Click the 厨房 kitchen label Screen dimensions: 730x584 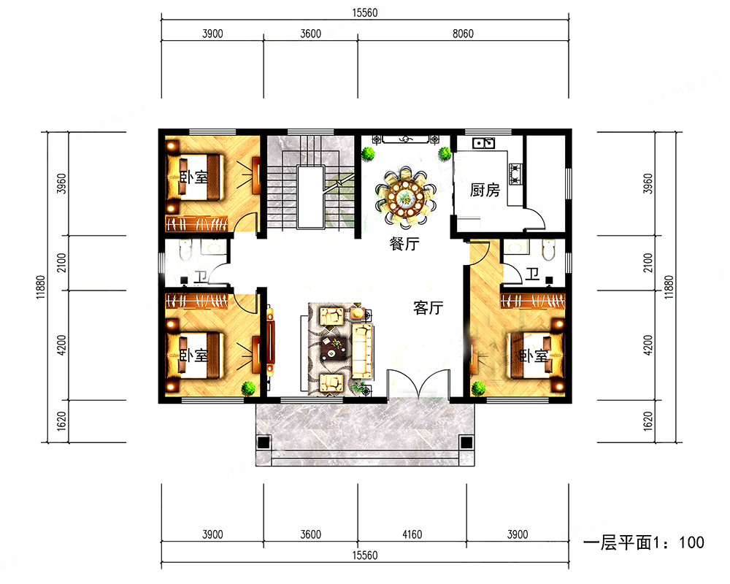[x=485, y=190]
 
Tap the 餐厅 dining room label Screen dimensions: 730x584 [x=404, y=244]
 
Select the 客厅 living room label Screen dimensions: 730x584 [x=429, y=308]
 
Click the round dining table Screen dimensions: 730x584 [x=406, y=199]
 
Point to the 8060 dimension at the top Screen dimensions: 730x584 [x=463, y=34]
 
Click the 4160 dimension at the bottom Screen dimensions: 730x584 [x=412, y=534]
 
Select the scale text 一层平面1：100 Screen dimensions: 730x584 [x=643, y=542]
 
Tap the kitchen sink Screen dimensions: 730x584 [x=483, y=143]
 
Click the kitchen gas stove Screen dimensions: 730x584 [x=515, y=174]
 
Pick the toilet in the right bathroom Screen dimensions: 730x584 [x=548, y=250]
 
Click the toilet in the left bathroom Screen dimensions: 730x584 [x=185, y=250]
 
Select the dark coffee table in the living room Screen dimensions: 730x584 [x=334, y=348]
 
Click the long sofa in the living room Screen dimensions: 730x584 [x=362, y=351]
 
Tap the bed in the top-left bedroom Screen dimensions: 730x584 [x=196, y=177]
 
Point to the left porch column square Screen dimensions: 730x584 [x=264, y=442]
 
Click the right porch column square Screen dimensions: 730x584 [x=466, y=442]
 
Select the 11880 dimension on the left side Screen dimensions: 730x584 [x=41, y=287]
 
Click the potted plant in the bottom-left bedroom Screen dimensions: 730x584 [x=248, y=388]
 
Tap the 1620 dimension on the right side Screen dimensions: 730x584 [x=648, y=421]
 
